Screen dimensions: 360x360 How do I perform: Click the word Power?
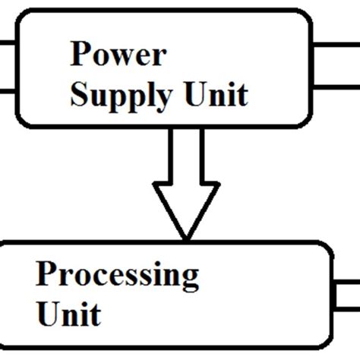118,55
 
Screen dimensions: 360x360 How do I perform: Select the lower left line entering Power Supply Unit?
7,92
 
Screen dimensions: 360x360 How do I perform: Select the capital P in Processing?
46,274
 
